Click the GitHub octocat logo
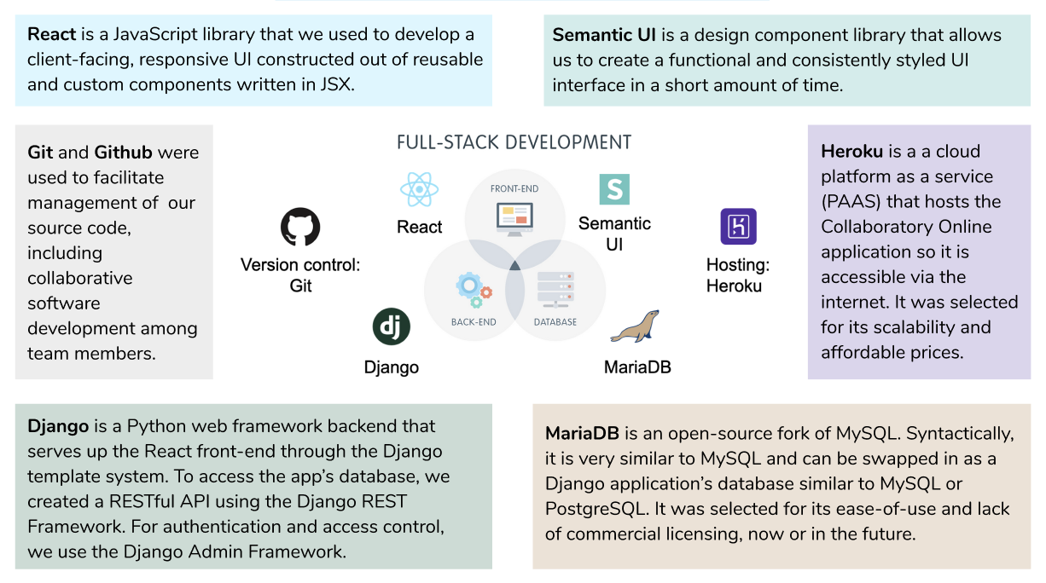coord(300,228)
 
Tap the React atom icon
coord(418,190)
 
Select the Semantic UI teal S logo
coord(613,189)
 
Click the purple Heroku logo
coord(738,227)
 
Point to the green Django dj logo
coord(392,327)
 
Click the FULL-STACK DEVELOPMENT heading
coord(514,142)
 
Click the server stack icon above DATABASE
coord(555,290)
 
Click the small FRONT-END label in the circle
coord(514,188)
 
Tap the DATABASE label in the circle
coord(555,322)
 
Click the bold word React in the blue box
coord(52,35)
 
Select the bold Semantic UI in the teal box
coord(604,35)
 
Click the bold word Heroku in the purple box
coord(851,152)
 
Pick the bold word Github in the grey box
coord(123,153)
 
